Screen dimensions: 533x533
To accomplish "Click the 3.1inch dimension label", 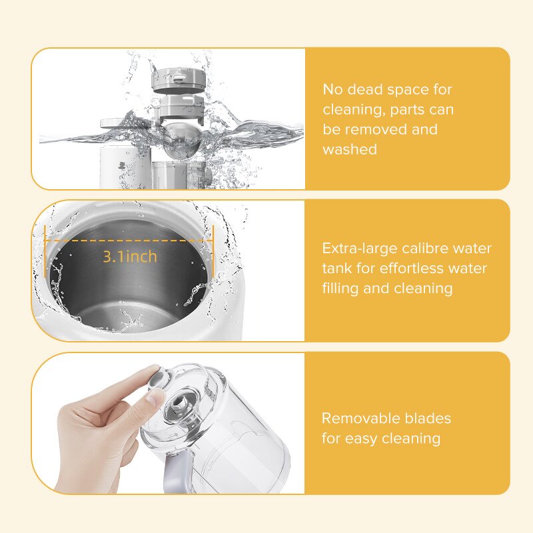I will (x=130, y=257).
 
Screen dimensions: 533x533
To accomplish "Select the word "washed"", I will (x=350, y=149).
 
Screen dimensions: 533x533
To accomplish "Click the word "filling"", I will (x=342, y=288).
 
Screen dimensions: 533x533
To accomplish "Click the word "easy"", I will (x=362, y=438).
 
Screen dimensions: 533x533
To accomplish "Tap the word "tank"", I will (x=337, y=268).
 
